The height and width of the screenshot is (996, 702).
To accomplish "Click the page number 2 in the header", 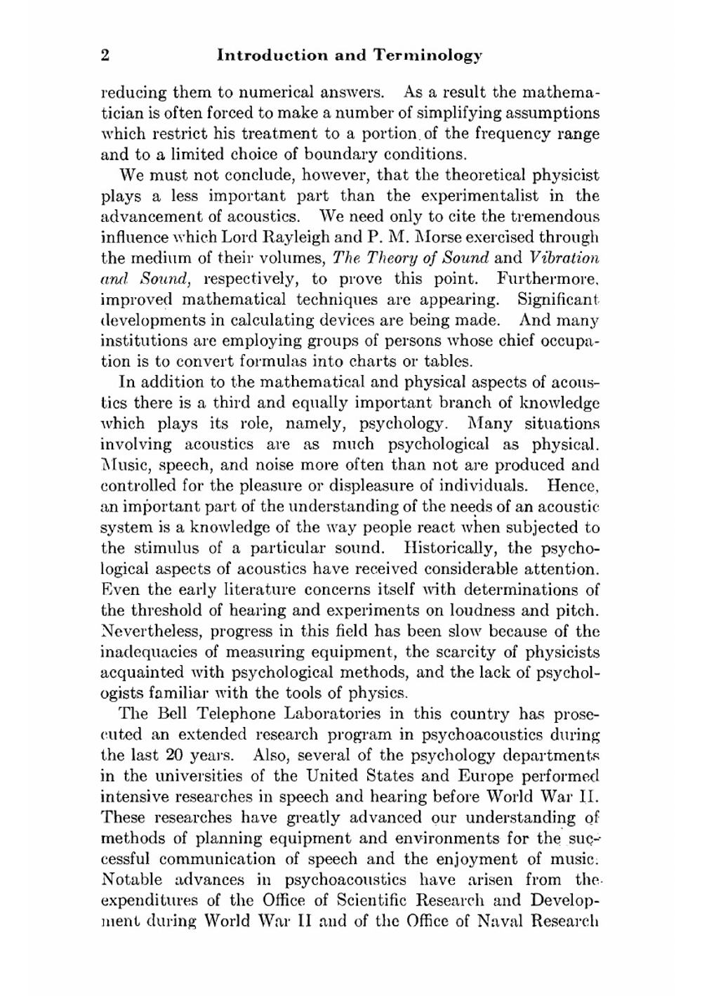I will point(105,55).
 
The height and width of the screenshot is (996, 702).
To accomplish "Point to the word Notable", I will point(132,880).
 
